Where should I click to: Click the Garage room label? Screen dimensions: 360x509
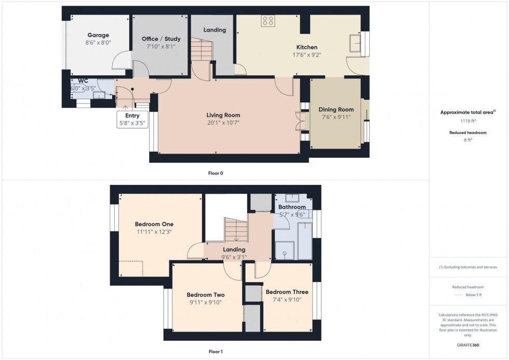[x=98, y=35]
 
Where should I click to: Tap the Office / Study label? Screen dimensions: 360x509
[x=161, y=39]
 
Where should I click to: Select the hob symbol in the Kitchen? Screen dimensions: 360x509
[x=268, y=21]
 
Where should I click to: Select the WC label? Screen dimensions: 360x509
[x=83, y=81]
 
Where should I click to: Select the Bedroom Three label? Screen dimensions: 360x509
[x=283, y=292]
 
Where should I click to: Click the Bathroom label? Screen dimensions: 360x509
[x=292, y=207]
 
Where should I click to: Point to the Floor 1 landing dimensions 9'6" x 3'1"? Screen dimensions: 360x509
[x=234, y=257]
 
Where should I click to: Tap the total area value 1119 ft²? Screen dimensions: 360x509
[x=468, y=121]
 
